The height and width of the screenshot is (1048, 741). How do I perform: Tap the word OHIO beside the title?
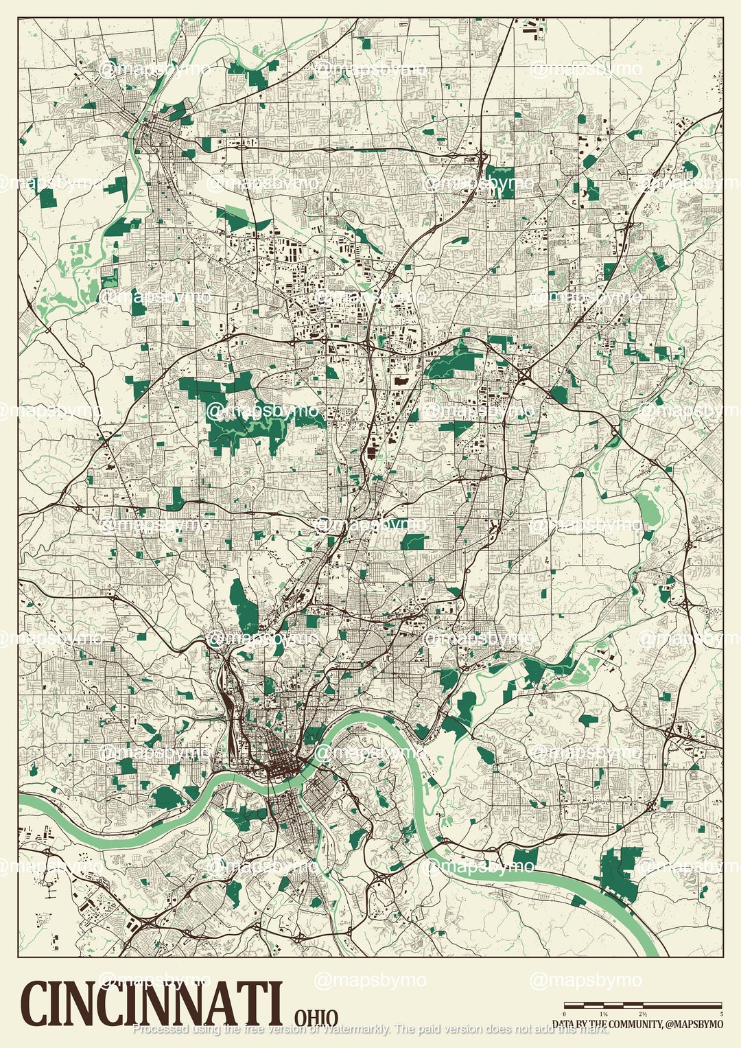click(x=316, y=1017)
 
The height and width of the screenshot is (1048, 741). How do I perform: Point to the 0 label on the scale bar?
click(x=565, y=1014)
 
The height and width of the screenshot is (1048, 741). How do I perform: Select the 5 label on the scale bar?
click(x=720, y=1014)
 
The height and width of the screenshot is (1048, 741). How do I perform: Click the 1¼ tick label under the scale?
click(x=604, y=1014)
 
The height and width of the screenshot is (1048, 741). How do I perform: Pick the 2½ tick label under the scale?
click(x=643, y=1014)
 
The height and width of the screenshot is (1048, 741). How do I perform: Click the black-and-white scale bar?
click(x=643, y=1005)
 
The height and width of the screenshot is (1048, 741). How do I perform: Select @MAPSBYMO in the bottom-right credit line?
click(x=694, y=1024)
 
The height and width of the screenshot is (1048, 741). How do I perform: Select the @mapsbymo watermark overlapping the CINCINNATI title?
click(x=154, y=979)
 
